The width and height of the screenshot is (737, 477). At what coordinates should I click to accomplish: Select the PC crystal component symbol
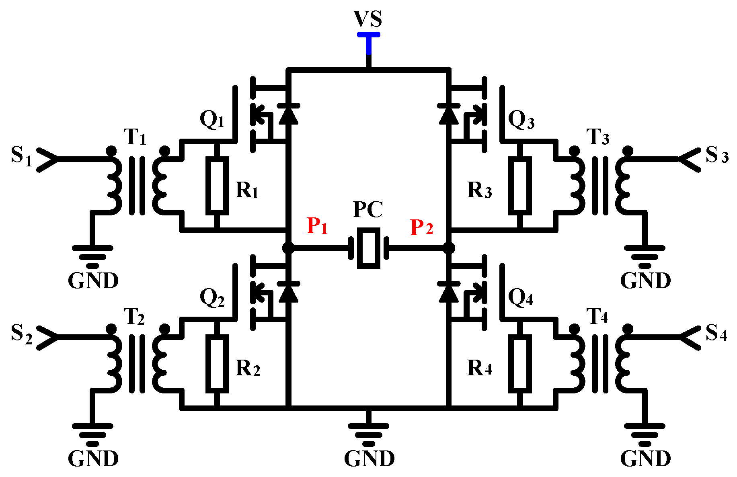[x=368, y=248]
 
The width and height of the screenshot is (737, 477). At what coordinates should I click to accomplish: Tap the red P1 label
[x=317, y=226]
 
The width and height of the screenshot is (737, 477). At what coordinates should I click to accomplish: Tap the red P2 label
[x=421, y=227]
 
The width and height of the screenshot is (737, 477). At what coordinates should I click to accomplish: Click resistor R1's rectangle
[x=217, y=186]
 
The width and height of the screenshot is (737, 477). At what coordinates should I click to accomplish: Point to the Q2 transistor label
[x=212, y=299]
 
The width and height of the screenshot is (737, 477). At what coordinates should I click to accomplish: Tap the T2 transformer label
[x=134, y=317]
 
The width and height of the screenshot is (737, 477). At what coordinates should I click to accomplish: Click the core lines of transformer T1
[x=137, y=186]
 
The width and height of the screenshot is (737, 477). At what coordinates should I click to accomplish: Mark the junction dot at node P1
[x=288, y=248]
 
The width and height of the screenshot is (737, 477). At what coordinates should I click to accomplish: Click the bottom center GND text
[x=369, y=459]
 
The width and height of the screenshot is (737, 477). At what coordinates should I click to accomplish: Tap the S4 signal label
[x=716, y=333]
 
